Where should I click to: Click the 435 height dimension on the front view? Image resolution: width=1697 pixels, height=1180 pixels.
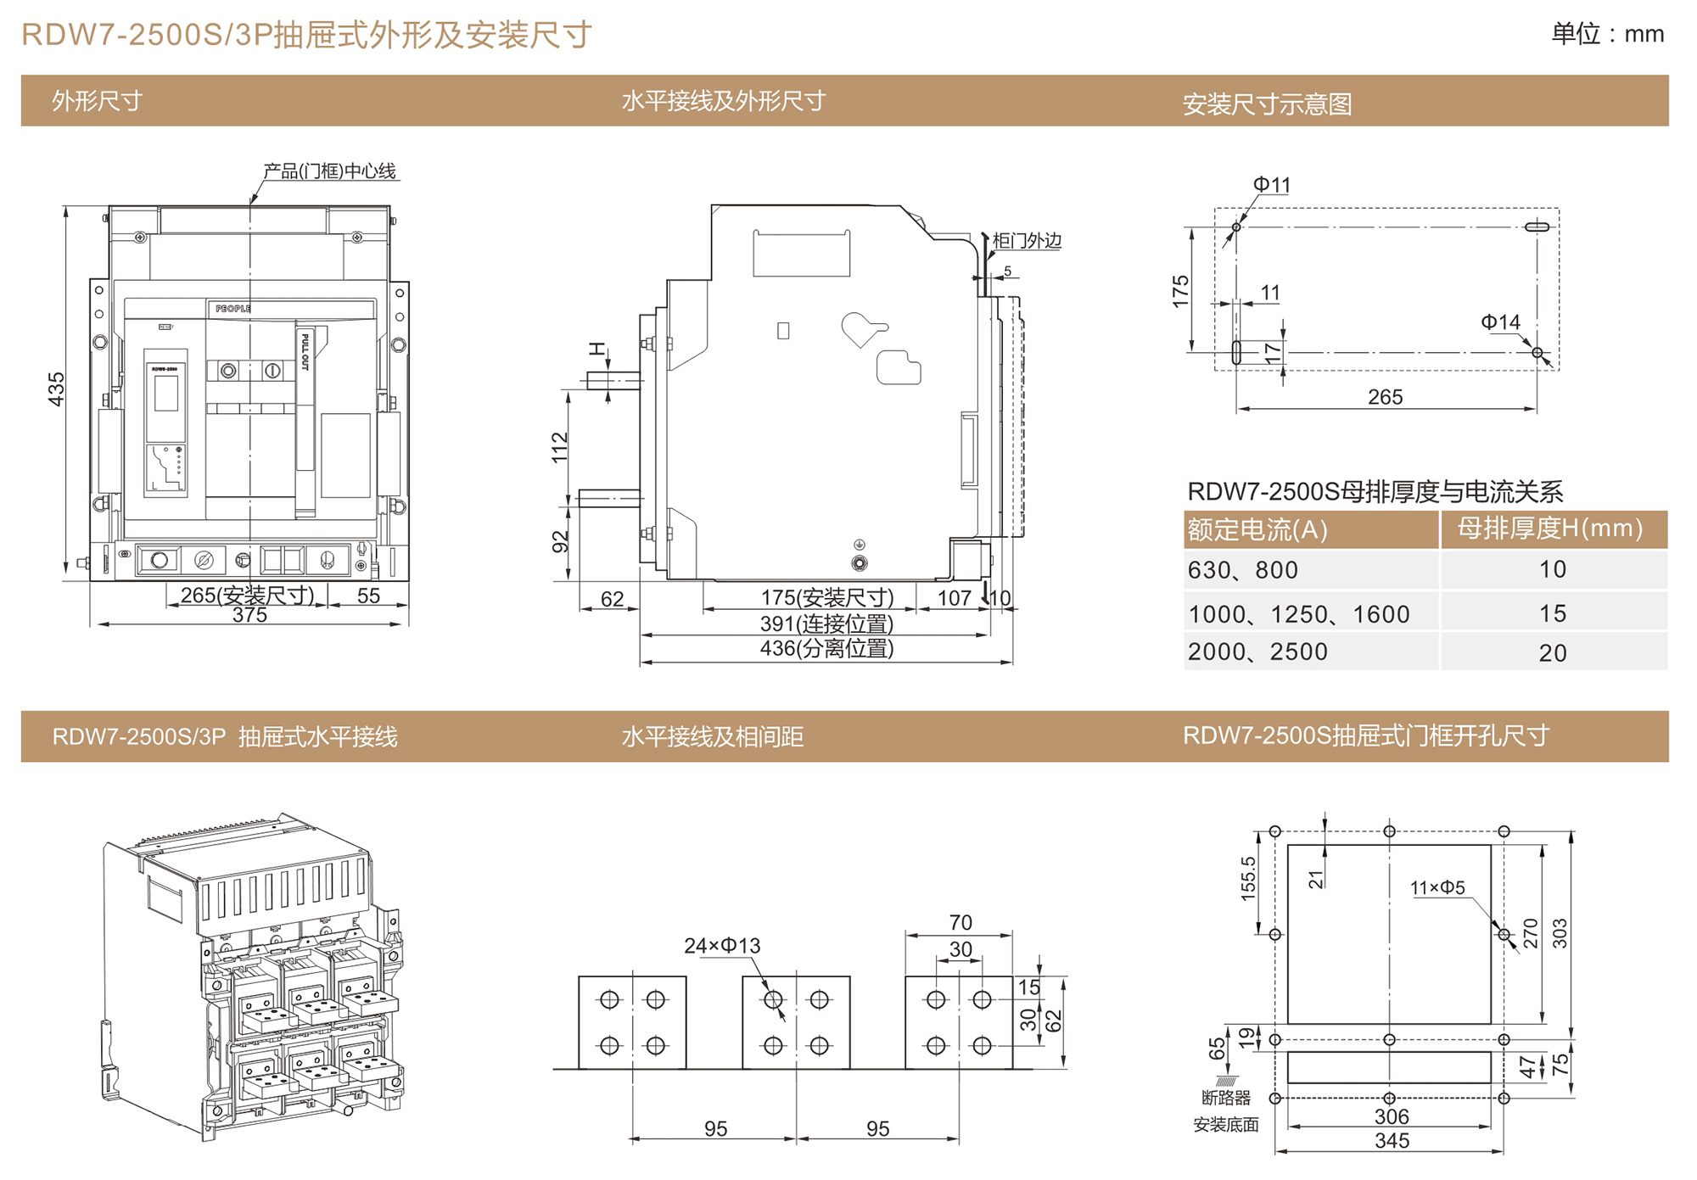[56, 389]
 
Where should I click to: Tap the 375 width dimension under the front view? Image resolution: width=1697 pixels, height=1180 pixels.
[249, 615]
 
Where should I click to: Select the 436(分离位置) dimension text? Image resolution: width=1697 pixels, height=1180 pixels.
[826, 649]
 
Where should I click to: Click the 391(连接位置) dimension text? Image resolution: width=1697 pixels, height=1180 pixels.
[826, 624]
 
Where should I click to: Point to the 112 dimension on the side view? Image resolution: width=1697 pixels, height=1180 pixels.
[560, 447]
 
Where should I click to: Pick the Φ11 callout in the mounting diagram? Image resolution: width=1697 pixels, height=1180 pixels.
[1271, 185]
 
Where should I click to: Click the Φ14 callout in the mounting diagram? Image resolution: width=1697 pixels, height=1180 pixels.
[1500, 322]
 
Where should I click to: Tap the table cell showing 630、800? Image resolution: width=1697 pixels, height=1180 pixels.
[1242, 570]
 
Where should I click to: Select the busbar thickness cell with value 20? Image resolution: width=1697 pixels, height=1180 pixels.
[1553, 652]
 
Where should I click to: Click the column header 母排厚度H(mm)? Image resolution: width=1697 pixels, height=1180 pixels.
[1550, 528]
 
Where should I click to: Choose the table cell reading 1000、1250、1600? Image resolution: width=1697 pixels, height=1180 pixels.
[1298, 614]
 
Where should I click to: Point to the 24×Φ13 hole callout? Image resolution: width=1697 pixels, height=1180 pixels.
[722, 946]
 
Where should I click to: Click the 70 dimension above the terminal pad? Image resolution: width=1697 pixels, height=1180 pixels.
[960, 922]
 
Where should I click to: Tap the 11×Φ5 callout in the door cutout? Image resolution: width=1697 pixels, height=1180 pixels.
[1437, 888]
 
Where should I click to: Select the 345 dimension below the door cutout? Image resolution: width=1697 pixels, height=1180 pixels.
[1392, 1141]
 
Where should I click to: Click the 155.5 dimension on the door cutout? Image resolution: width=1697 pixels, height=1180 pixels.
[1248, 878]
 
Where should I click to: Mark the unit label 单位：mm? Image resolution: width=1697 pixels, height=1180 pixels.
[1607, 34]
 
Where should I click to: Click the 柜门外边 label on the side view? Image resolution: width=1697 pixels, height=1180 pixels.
[1027, 241]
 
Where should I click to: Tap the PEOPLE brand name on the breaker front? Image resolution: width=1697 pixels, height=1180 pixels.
[232, 309]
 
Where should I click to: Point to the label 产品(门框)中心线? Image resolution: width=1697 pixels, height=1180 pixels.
[329, 171]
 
